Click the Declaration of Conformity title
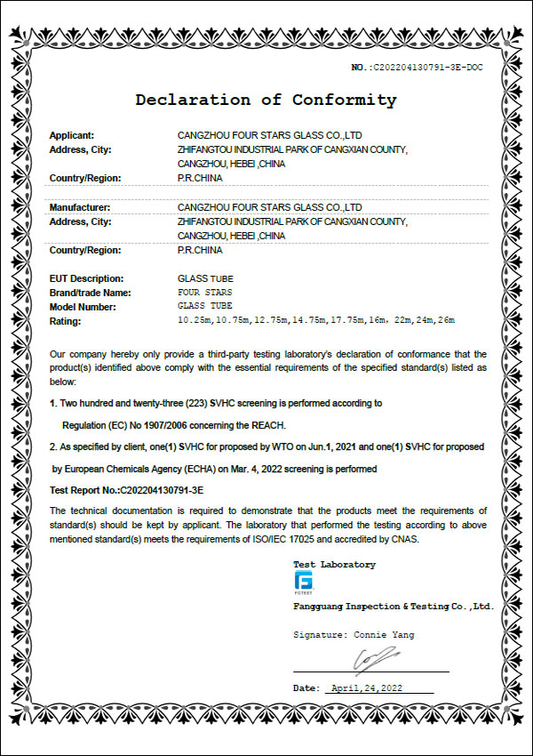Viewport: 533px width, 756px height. pyautogui.click(x=266, y=100)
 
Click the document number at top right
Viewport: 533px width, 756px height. pyautogui.click(x=417, y=67)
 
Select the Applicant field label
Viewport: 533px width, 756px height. pyautogui.click(x=72, y=135)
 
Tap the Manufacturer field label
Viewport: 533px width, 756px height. pyautogui.click(x=79, y=207)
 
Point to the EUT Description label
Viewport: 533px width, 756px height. pyautogui.click(x=87, y=278)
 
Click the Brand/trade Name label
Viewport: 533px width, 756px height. pyautogui.click(x=91, y=292)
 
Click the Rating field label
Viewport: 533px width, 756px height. pyautogui.click(x=66, y=320)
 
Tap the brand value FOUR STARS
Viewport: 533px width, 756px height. pyautogui.click(x=205, y=292)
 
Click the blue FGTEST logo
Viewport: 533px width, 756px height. pyautogui.click(x=303, y=583)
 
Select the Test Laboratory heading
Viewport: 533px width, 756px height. pyautogui.click(x=334, y=565)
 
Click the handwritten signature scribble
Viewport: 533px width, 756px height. pyautogui.click(x=374, y=659)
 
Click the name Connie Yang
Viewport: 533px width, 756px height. pyautogui.click(x=384, y=635)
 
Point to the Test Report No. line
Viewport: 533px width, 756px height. pyautogui.click(x=127, y=490)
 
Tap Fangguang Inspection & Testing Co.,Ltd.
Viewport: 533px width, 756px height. pyautogui.click(x=393, y=606)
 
